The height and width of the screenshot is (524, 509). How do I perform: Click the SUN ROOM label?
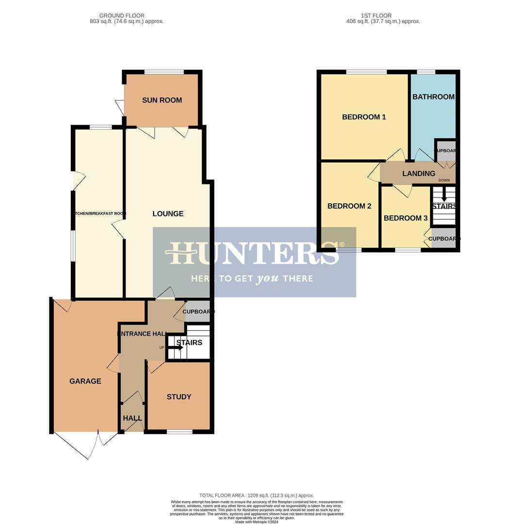tap(162, 100)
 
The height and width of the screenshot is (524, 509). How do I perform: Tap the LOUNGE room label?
tap(168, 213)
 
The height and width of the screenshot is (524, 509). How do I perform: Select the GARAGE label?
tap(85, 381)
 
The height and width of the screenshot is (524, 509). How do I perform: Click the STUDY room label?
tap(179, 396)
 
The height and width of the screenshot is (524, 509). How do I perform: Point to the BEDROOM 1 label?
tap(364, 117)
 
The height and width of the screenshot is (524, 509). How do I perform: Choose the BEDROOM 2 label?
tap(349, 206)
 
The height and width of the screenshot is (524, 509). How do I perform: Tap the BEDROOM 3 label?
tap(405, 218)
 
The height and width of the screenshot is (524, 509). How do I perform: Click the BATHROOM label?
tap(433, 97)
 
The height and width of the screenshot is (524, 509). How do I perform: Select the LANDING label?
tap(418, 173)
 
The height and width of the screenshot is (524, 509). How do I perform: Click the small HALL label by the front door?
tap(132, 418)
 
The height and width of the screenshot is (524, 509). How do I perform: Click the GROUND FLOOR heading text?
tap(121, 16)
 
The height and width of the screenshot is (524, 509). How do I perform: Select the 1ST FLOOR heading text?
tap(376, 16)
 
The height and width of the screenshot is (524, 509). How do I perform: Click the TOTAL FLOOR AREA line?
tap(256, 495)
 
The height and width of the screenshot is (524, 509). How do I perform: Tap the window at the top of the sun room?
tap(164, 72)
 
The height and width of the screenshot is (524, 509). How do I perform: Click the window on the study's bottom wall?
tap(179, 431)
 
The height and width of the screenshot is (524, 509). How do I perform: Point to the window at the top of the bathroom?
tap(426, 72)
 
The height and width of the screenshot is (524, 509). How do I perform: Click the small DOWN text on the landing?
tap(444, 180)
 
